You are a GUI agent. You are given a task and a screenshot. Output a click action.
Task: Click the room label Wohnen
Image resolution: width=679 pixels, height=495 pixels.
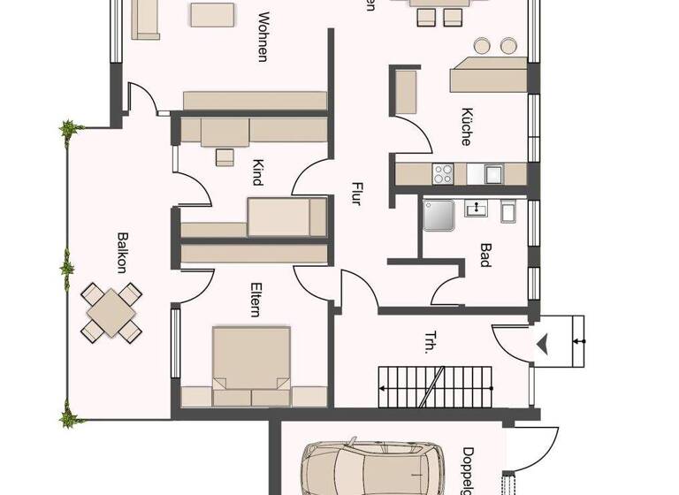tap(262, 36)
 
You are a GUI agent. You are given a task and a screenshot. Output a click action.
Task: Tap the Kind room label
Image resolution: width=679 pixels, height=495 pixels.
tap(256, 171)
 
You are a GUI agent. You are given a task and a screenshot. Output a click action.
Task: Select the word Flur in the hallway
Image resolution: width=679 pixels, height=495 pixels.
tap(356, 194)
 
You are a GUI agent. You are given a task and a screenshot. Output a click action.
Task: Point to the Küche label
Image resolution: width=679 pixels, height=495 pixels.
tap(465, 126)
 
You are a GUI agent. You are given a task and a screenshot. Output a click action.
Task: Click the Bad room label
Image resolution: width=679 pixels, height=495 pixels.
tap(485, 255)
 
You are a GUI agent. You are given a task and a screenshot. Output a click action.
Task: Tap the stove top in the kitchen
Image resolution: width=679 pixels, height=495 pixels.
tap(442, 173)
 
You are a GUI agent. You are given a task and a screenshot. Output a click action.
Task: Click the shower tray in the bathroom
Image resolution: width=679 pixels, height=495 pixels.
tap(439, 214)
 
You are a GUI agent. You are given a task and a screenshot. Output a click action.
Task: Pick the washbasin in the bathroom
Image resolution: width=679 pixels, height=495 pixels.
tap(477, 209)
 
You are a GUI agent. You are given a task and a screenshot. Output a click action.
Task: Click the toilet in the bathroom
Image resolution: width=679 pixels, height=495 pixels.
tap(508, 211)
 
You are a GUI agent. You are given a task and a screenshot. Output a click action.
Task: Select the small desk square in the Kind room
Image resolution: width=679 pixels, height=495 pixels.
tap(225, 157)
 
